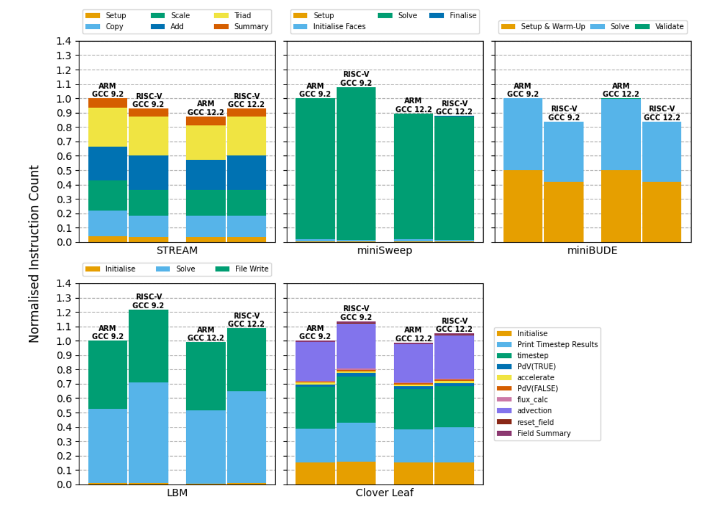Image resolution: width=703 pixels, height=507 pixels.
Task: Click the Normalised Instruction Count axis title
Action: point(34,253)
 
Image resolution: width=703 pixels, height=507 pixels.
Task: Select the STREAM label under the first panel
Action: point(177,250)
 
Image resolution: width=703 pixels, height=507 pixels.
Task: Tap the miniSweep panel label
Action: point(384,250)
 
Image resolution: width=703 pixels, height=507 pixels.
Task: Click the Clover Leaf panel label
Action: point(384,493)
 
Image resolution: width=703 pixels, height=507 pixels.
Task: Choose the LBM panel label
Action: point(177,493)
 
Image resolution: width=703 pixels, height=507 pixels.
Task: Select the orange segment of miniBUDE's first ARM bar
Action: point(523,206)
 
